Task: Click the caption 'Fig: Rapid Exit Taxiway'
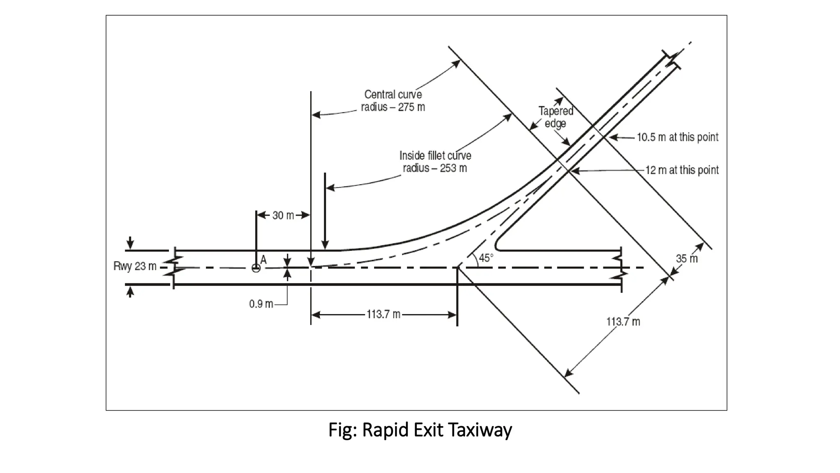(420, 430)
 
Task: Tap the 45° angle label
(486, 258)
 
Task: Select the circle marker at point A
(256, 268)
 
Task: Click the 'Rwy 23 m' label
(135, 266)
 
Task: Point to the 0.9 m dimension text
(261, 304)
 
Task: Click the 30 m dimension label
(283, 216)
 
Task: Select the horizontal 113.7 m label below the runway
(383, 315)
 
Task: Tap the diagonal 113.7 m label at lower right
(623, 321)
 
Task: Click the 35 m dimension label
(687, 259)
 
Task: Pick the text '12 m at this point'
(682, 170)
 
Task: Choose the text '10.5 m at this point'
(677, 137)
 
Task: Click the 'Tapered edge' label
(556, 117)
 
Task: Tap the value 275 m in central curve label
(411, 107)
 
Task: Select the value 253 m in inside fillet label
(453, 168)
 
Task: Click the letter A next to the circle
(263, 260)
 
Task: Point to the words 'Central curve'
(393, 95)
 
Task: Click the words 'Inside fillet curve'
(435, 156)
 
